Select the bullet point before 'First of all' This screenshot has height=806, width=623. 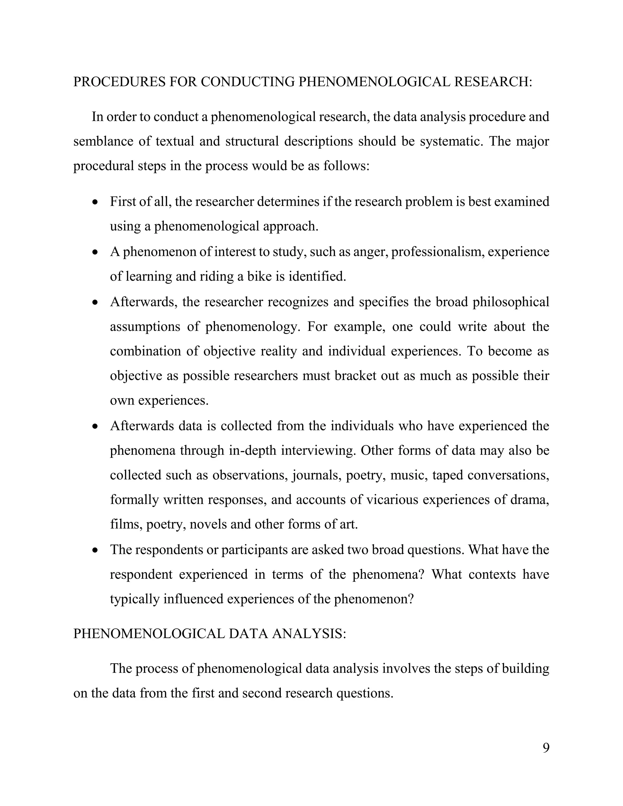(x=96, y=202)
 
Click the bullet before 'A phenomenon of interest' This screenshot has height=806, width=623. (x=96, y=252)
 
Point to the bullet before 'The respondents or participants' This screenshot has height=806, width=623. (x=96, y=550)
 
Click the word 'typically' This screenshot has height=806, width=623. (x=134, y=599)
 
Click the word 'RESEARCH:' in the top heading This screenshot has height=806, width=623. (x=493, y=82)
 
